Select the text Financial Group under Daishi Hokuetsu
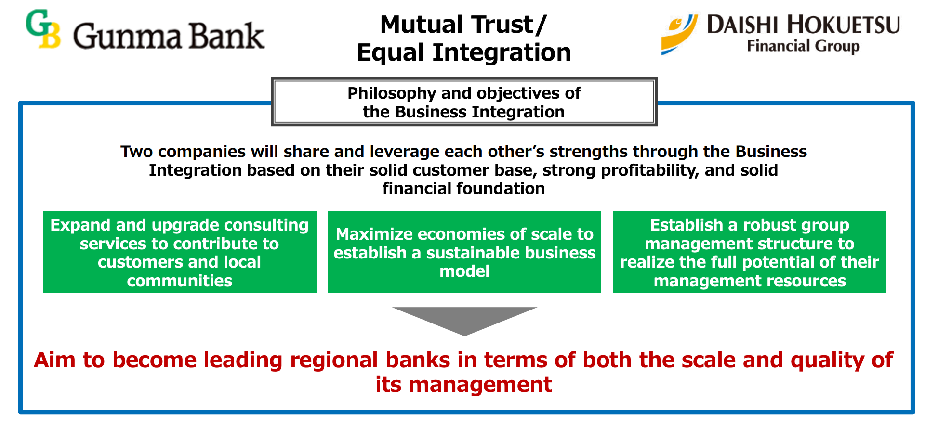point(803,46)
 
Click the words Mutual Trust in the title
point(456,25)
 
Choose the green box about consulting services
point(179,252)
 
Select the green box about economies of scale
point(464,252)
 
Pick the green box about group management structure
point(749,252)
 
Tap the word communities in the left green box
point(179,281)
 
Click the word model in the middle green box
point(464,271)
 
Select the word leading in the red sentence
point(242,360)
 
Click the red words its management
point(463,385)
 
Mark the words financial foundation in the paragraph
point(463,188)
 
